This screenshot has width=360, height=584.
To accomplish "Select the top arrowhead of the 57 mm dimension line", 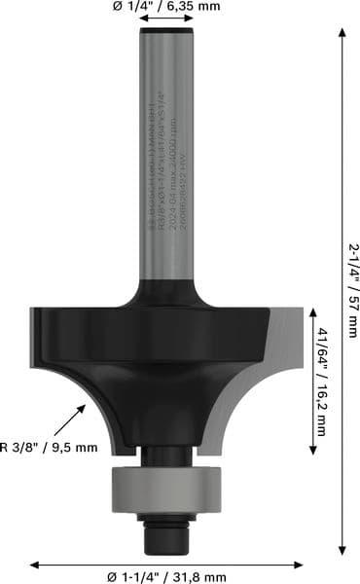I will click(342, 31).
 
